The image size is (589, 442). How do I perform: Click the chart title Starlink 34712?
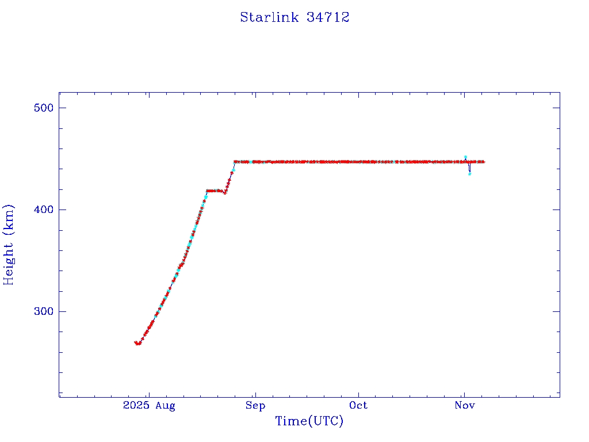coord(294,17)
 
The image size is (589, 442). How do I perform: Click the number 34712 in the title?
coord(328,17)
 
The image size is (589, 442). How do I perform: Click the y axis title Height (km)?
coord(9,245)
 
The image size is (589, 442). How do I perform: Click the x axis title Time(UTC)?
coord(309,421)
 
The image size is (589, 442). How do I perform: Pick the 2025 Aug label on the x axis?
coord(149,406)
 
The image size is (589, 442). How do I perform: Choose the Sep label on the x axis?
coord(255,406)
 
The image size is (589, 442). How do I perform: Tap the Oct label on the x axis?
coord(358,406)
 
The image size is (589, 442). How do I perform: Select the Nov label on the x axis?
coord(465,406)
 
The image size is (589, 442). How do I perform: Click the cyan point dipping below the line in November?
coord(470,173)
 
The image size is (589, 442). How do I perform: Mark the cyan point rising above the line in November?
coord(465,157)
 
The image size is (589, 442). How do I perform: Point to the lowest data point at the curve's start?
coord(138,344)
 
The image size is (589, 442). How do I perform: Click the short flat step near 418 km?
coord(215,190)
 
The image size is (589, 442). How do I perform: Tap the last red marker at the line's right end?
coord(483,162)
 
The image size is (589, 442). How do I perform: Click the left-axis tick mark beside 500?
coord(62,108)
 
